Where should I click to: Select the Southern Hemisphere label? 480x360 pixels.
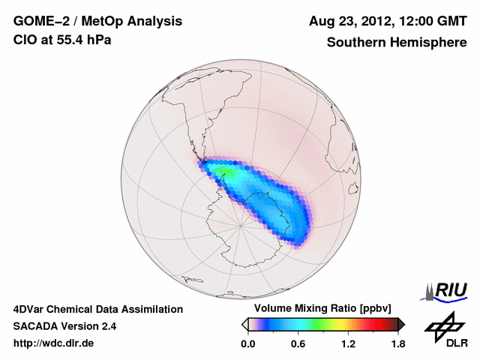396,42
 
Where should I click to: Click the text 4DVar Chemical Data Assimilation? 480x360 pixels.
97,309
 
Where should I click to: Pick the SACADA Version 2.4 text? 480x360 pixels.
64,326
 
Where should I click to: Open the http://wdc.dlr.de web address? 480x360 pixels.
54,343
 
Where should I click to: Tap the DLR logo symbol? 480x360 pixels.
443,324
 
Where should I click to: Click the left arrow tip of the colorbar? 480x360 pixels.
244,324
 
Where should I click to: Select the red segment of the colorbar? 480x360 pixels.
379,324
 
